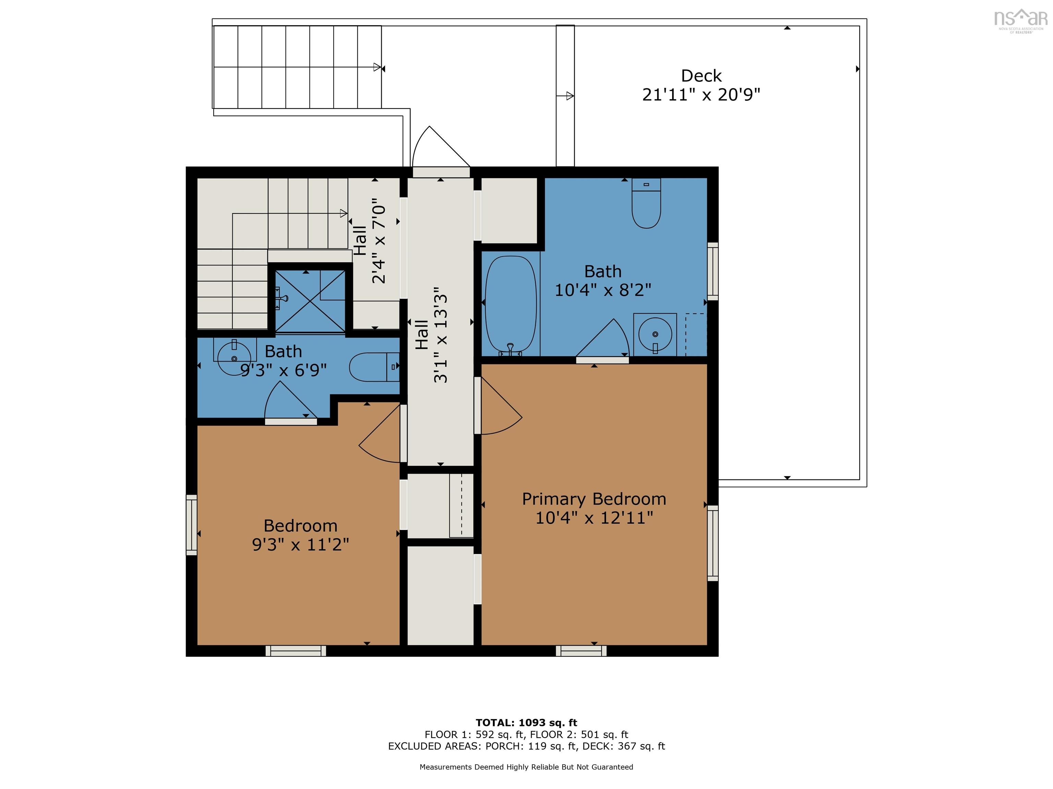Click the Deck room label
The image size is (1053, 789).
tap(701, 76)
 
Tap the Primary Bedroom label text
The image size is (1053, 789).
tap(594, 499)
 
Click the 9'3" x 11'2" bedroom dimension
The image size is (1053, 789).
tap(300, 544)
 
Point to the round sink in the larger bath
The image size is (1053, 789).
tap(655, 334)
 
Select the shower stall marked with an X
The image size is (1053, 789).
tap(310, 301)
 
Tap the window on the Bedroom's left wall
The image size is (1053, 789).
tap(191, 525)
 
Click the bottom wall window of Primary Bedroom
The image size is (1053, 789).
tap(581, 651)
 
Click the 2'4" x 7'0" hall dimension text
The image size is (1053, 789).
tap(379, 241)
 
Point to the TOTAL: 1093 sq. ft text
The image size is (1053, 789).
tap(526, 723)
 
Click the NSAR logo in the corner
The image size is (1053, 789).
tap(1020, 20)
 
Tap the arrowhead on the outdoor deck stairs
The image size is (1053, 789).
tap(377, 67)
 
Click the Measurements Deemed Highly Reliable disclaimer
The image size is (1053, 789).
tap(526, 767)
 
